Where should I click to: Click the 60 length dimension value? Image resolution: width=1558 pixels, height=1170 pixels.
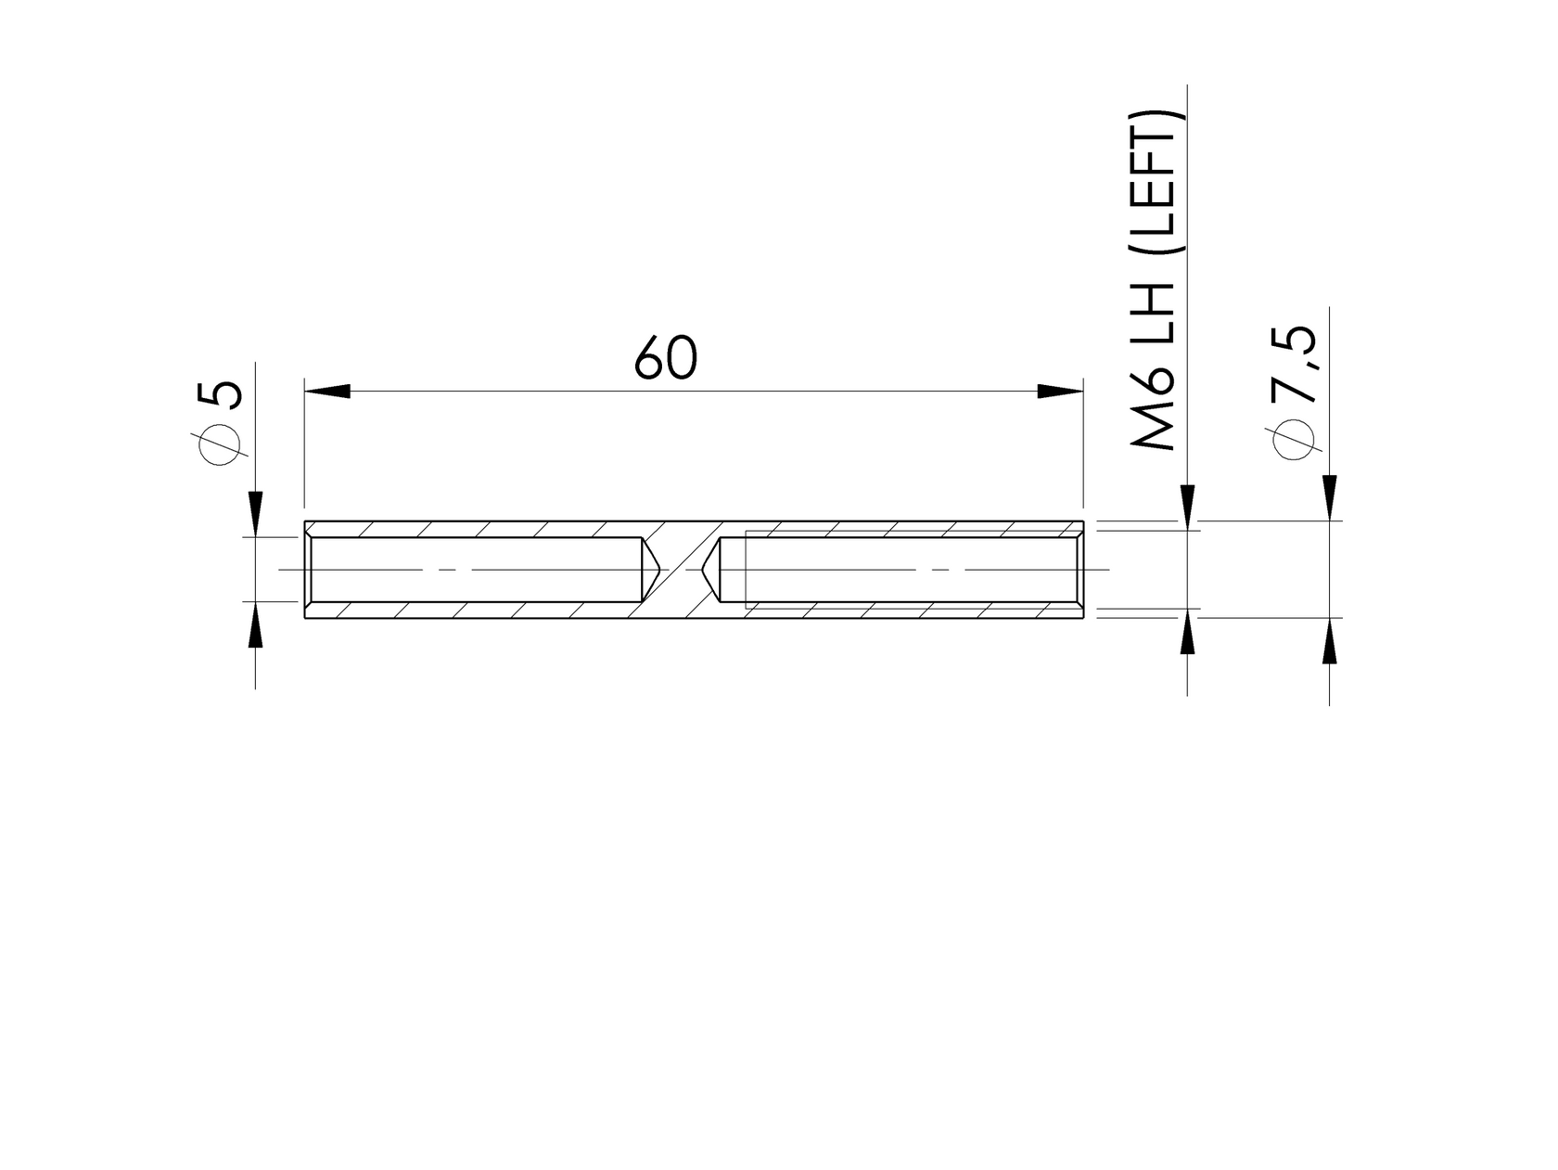coord(665,359)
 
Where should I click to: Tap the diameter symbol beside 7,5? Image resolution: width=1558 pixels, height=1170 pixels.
coord(1296,439)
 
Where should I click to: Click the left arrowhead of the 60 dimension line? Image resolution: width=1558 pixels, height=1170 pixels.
coord(327,392)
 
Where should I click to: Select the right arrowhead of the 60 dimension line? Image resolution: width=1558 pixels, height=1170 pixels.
coord(1060,392)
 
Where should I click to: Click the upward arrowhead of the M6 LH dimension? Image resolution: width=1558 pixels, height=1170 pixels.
coord(1188,633)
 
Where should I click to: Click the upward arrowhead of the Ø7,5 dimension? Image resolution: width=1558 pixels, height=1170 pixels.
coord(1330,641)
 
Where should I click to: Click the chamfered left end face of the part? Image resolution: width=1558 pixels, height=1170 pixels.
coord(307,569)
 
